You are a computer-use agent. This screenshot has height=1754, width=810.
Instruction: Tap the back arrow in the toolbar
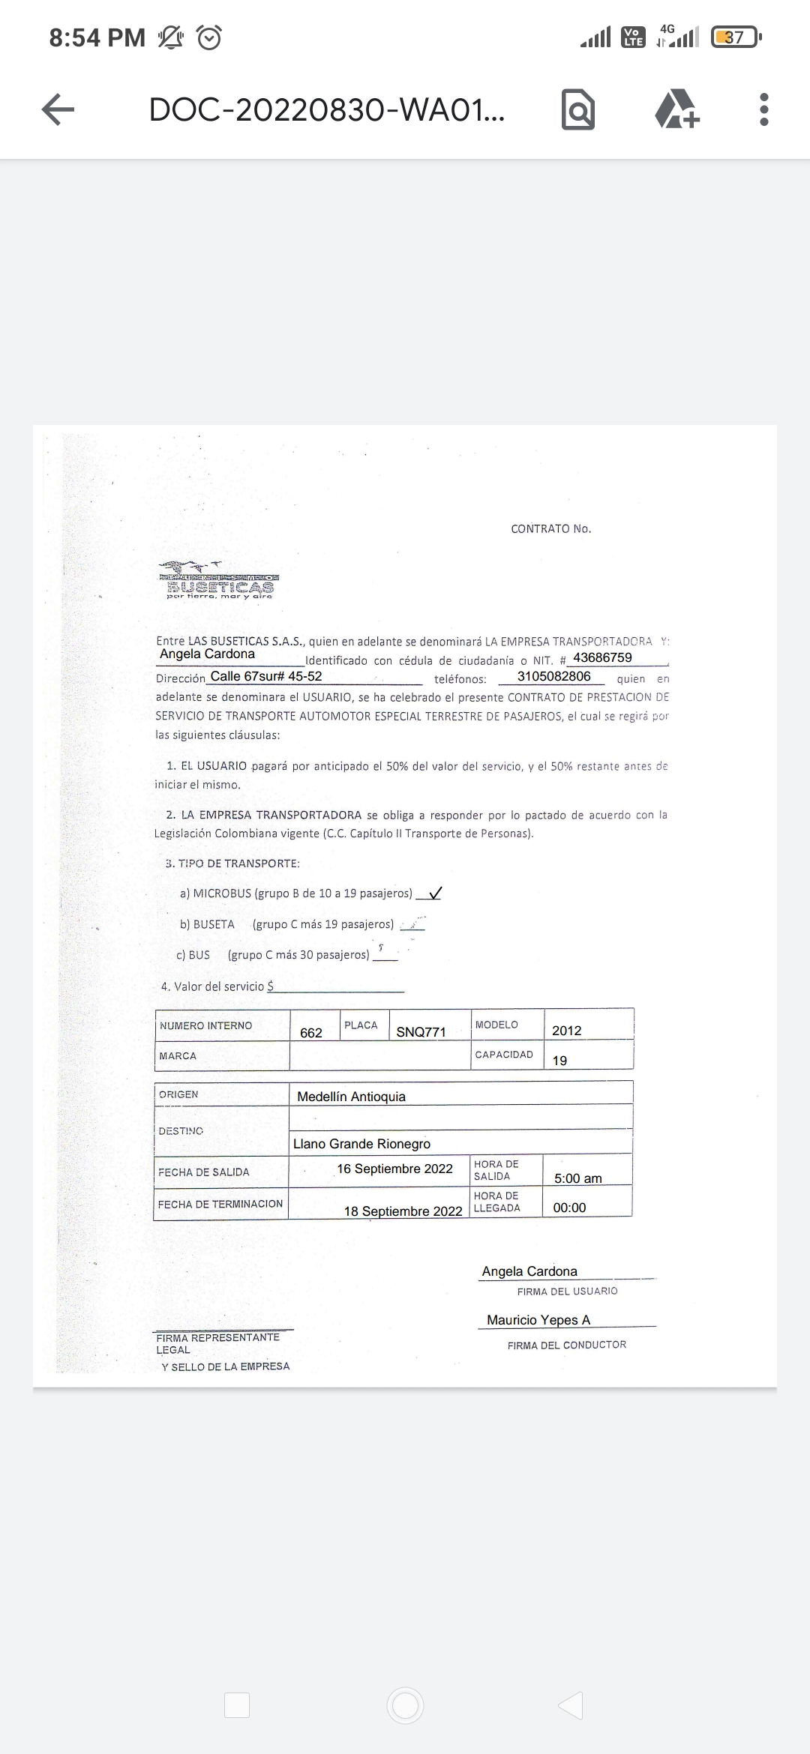coord(58,109)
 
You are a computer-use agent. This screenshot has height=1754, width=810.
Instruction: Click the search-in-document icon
coord(577,110)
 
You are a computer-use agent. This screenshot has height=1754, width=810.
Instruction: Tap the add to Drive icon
coord(676,109)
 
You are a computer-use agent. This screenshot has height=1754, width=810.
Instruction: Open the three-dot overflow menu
coord(763,109)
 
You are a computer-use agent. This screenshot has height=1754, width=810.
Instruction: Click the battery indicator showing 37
coord(735,37)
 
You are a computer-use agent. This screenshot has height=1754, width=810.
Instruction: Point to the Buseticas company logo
coord(219,581)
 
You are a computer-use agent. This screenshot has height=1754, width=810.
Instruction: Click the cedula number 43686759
coord(602,657)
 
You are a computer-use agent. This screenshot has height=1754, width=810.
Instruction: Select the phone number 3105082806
coord(553,676)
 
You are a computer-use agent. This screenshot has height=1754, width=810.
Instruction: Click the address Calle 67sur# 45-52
coord(266,676)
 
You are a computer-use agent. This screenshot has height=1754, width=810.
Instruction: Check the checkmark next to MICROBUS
coord(434,893)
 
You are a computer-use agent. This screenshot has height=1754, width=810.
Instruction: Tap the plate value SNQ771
coord(421,1032)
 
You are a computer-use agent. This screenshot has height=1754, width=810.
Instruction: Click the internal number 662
coord(311,1033)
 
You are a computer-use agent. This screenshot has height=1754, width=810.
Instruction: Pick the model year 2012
coord(566,1031)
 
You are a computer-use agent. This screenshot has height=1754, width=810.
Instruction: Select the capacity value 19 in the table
coord(559,1061)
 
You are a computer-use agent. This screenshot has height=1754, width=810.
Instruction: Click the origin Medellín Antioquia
coord(351,1097)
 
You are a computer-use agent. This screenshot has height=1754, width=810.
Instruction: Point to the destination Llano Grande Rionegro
coord(361,1144)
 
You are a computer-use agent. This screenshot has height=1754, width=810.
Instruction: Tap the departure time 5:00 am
coord(577,1178)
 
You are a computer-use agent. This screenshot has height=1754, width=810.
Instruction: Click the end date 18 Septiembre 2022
coord(403,1211)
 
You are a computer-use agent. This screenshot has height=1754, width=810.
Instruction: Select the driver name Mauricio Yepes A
coord(538,1320)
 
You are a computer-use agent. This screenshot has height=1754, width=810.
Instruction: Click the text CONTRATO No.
coord(551,529)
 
